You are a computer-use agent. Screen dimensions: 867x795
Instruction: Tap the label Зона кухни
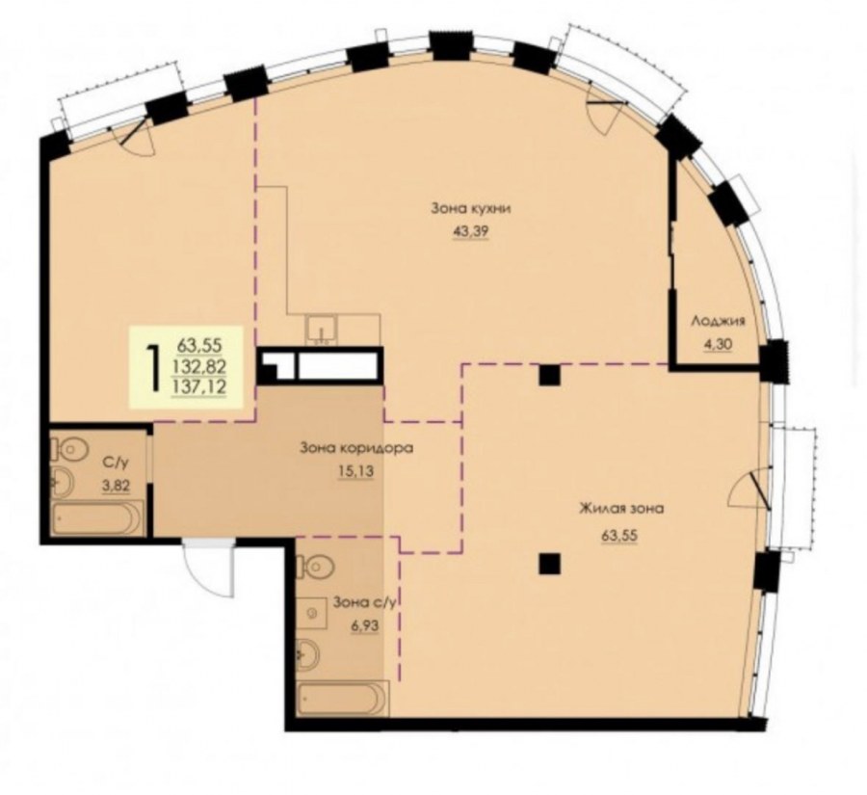click(470, 209)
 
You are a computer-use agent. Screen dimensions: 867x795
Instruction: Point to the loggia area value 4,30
click(718, 344)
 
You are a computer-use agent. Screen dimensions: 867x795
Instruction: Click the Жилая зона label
click(621, 509)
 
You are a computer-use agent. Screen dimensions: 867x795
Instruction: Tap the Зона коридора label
click(356, 447)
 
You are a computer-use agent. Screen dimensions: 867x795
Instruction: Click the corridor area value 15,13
click(355, 471)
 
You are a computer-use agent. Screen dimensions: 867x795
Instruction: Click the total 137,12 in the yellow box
click(199, 386)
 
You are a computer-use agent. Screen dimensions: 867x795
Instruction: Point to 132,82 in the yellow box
click(199, 366)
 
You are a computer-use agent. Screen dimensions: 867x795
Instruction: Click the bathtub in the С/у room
click(97, 517)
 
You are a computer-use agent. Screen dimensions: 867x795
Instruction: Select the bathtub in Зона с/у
click(342, 700)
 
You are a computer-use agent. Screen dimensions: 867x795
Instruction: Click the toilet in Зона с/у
click(316, 565)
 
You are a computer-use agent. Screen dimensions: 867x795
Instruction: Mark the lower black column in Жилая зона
click(550, 565)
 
